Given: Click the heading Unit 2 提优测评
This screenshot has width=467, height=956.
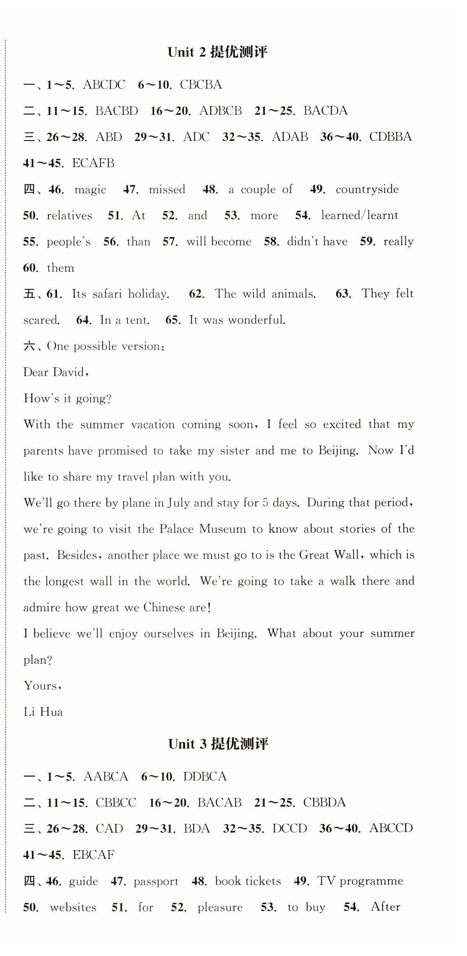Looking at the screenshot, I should tap(218, 53).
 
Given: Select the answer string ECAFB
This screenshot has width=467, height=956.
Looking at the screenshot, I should tap(93, 163).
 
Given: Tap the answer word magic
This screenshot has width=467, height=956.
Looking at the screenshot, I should tap(90, 190).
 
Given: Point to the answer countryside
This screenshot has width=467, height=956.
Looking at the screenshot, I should tap(367, 189).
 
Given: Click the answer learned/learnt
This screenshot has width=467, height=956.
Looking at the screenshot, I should tap(360, 216).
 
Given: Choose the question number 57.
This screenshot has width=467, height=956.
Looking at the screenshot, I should tap(170, 242).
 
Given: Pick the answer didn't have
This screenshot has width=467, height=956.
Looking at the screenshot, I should tap(317, 241).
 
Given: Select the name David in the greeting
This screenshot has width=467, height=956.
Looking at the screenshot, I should tap(71, 372).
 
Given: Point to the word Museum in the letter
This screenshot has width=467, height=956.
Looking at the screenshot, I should tap(222, 529).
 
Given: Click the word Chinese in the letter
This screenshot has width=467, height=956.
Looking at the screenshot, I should tap(164, 608).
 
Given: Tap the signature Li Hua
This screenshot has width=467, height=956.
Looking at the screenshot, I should tap(43, 712).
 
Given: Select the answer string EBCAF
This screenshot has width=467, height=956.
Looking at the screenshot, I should tap(94, 855).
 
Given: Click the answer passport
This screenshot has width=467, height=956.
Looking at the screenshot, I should tap(156, 881).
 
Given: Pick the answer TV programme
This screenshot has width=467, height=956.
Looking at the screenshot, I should tap(360, 881).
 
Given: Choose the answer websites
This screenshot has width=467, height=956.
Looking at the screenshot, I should tap(73, 907).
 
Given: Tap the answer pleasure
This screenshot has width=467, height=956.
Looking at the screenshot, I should tap(220, 907).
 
